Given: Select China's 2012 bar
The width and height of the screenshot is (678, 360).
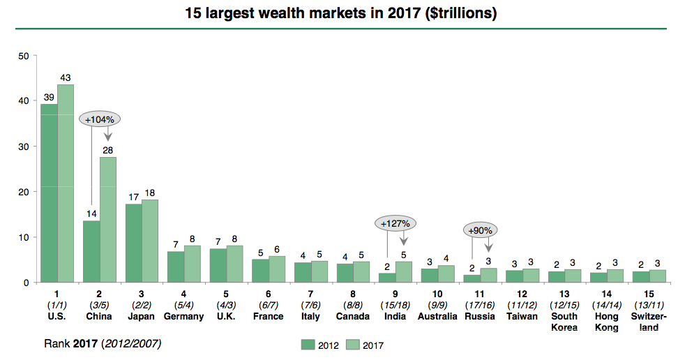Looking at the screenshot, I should click(91, 251).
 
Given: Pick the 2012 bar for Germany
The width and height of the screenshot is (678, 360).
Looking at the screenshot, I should click(176, 267).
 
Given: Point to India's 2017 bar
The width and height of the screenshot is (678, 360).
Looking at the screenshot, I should click(404, 271).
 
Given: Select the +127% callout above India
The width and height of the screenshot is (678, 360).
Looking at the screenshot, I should click(395, 224).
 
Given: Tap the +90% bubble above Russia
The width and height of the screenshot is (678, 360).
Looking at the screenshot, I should click(480, 230).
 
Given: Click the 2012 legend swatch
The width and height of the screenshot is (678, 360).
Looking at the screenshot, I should click(308, 344).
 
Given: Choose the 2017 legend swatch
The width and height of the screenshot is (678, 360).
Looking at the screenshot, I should click(353, 344).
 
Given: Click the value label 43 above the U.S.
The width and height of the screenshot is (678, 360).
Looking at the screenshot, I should click(66, 77).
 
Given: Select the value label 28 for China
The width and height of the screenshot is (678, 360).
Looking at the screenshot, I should click(108, 150).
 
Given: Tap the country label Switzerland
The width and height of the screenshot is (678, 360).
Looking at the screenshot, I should click(649, 322).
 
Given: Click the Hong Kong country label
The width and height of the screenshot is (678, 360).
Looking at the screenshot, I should click(606, 322).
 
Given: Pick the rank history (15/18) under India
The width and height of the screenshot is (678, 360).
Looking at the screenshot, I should click(395, 306).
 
